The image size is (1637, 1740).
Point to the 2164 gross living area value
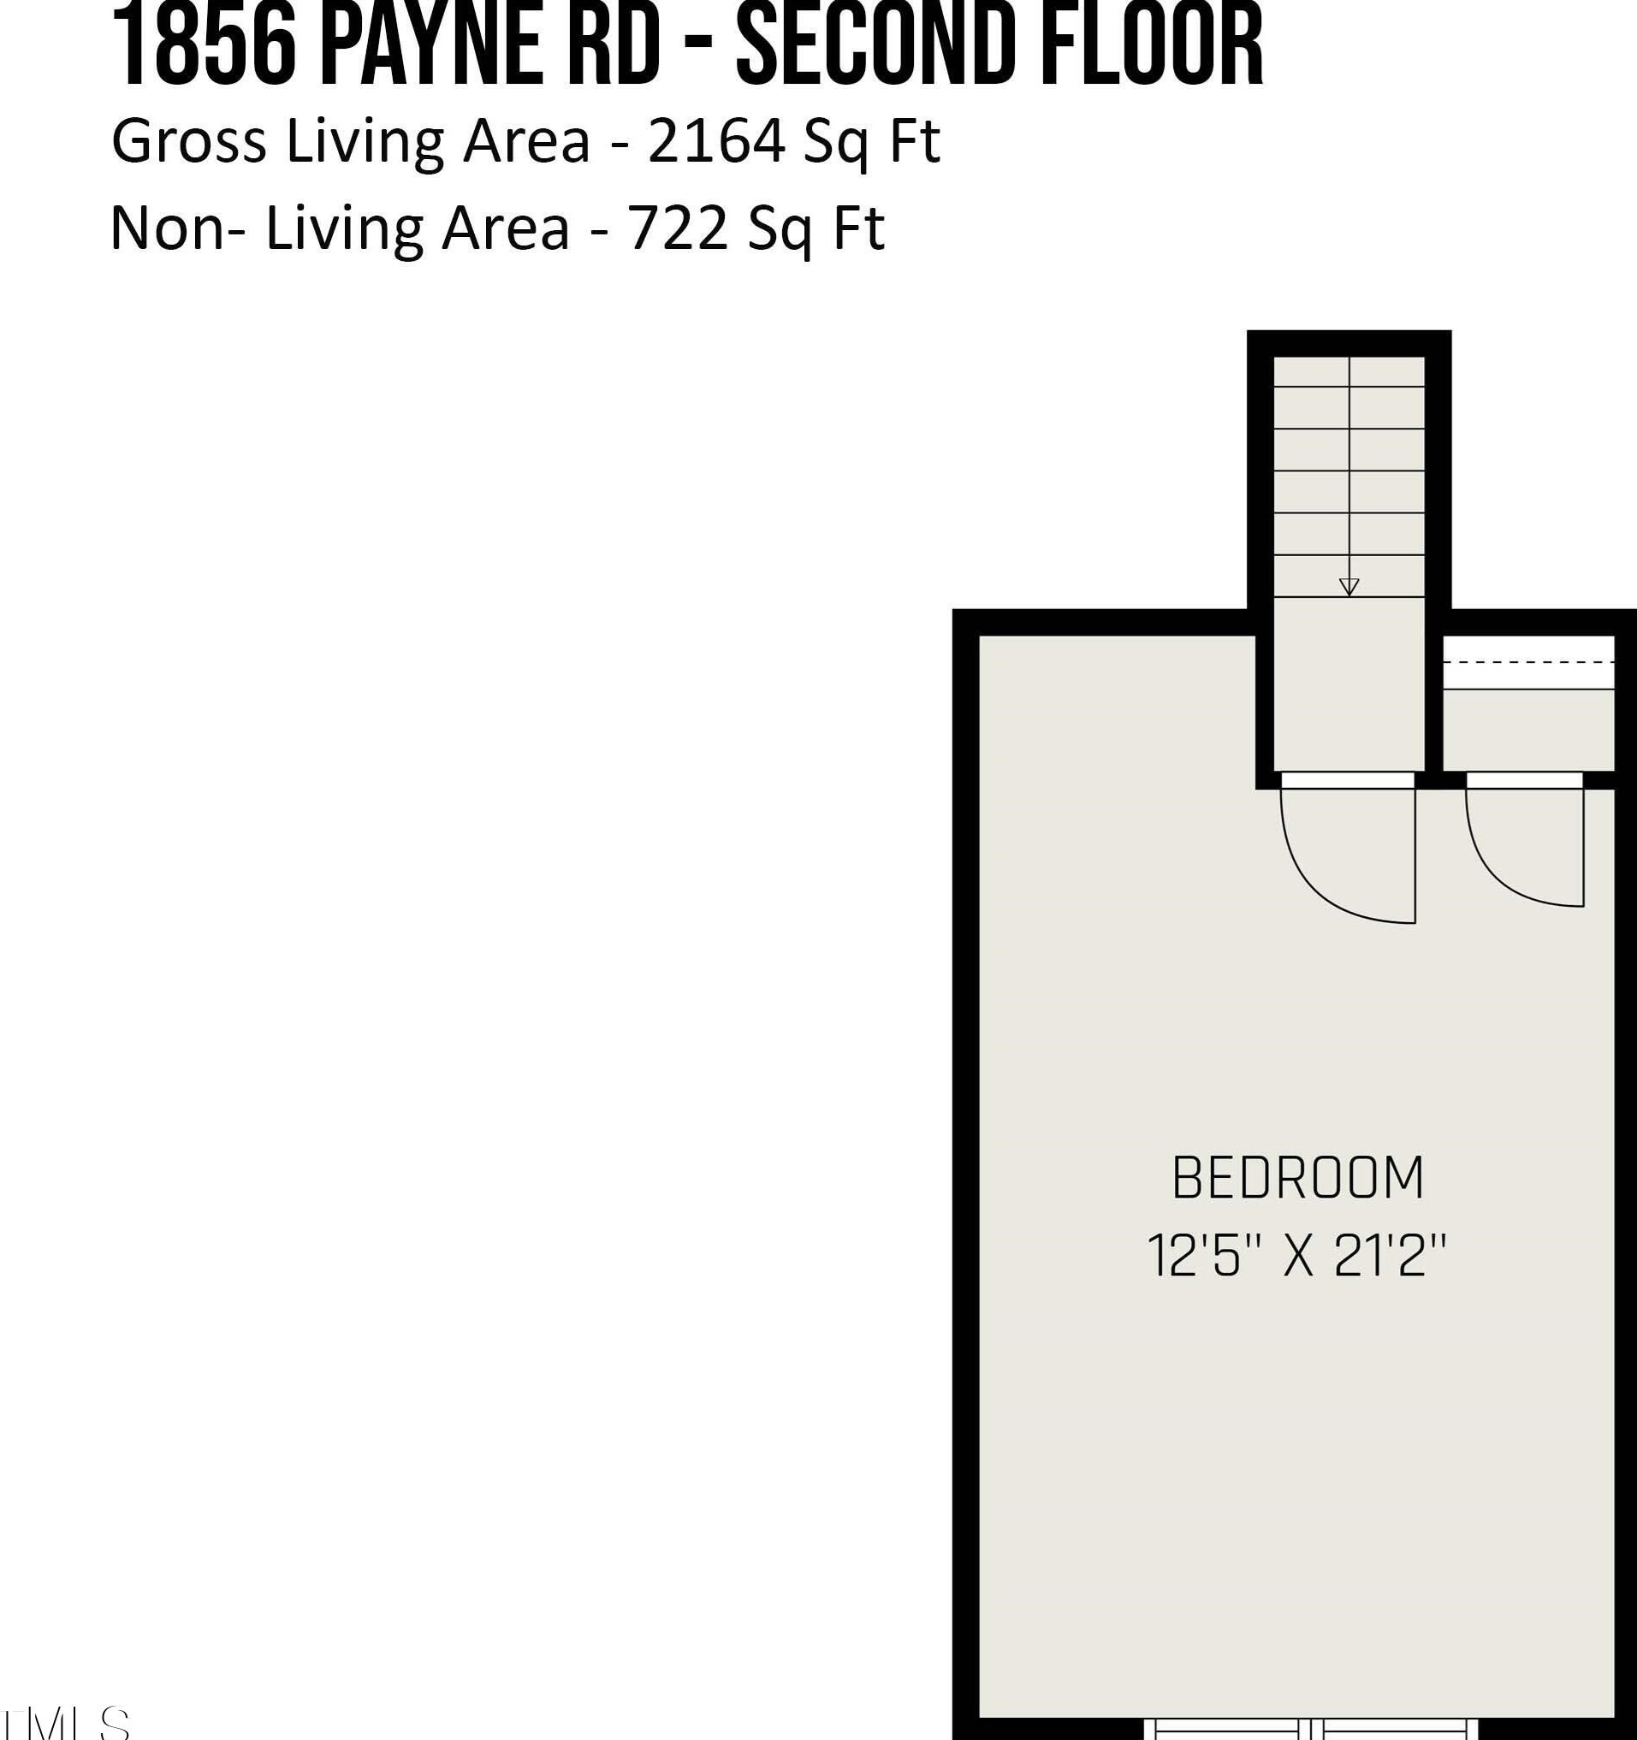coord(716,142)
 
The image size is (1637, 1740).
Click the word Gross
coord(188,142)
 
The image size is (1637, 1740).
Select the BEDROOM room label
coord(1297,1179)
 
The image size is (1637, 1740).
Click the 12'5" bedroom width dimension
coord(1194,1256)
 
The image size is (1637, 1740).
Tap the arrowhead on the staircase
coord(1349,588)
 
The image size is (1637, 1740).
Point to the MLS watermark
coord(66,1723)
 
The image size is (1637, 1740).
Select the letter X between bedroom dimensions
coord(1298,1256)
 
